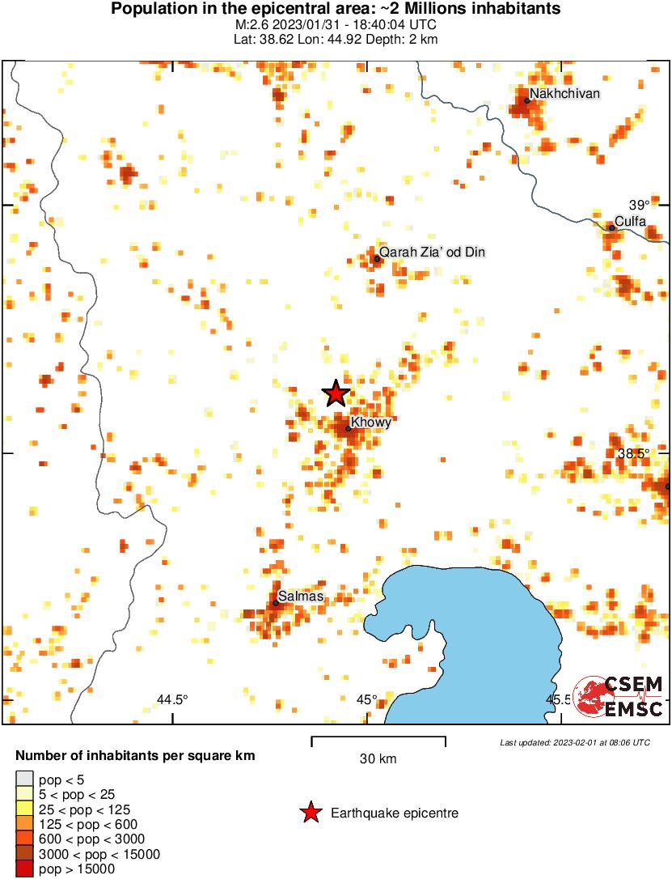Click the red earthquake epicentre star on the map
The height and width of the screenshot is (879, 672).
(336, 394)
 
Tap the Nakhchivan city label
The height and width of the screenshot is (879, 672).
(564, 94)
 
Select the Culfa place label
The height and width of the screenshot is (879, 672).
(630, 221)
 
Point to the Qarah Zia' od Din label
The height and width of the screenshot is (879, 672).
(432, 253)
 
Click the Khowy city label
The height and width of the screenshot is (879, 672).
(371, 423)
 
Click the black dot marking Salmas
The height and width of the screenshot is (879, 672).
(276, 602)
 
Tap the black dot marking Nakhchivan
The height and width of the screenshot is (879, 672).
(526, 100)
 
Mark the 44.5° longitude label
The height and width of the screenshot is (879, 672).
(172, 699)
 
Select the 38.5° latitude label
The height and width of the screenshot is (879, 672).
(633, 454)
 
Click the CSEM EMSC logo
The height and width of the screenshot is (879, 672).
(619, 695)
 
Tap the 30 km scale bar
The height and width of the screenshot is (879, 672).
(378, 738)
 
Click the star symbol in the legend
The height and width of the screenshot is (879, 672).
(310, 813)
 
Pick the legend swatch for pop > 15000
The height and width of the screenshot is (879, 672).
(24, 869)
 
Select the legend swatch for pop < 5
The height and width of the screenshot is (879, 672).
(24, 779)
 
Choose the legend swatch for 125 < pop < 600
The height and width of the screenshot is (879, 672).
(24, 824)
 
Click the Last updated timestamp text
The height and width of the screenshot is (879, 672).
(574, 742)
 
